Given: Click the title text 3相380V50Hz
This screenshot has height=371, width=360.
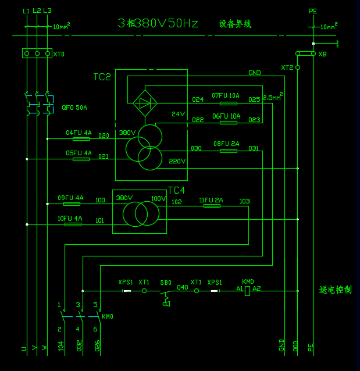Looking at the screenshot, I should point(158,23).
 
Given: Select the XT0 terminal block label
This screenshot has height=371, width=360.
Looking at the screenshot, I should point(59,54).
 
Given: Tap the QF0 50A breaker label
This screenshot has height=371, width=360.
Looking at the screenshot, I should point(74,108).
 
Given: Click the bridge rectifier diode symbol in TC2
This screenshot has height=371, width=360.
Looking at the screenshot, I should point(145,104).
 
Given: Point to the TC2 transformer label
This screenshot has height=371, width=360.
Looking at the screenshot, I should point(102,77).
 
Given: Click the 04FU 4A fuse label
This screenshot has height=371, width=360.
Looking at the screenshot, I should point(79,133).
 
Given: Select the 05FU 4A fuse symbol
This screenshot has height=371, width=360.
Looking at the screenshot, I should point(81,159).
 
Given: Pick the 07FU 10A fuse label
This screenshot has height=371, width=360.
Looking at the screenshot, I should point(226,95).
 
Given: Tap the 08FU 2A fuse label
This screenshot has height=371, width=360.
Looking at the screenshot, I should point(226,143).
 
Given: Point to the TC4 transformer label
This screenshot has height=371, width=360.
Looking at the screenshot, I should point(176,190).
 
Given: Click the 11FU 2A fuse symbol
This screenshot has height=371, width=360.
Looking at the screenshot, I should point(212,206).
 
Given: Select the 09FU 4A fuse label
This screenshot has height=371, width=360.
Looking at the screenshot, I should point(70,198).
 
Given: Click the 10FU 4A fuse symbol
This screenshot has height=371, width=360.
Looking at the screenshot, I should point(72,224).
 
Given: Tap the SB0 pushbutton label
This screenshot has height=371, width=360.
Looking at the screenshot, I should point(166,283).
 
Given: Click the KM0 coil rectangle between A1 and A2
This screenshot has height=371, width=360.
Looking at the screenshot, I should point(247,290).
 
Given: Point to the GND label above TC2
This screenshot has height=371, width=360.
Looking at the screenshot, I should point(255,73).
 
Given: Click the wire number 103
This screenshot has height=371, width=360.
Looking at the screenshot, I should point(244,202).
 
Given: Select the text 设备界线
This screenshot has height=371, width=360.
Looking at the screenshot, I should point(235,24).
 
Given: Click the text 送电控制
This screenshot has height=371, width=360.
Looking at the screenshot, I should point(336,290).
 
